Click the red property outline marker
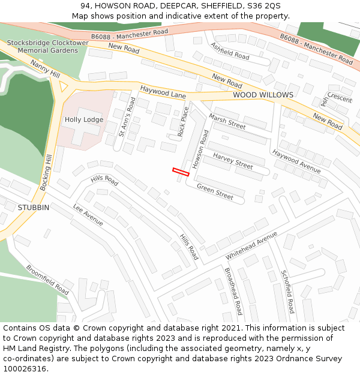coord(181,172)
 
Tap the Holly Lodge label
coord(84,119)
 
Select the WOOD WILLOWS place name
coord(263,95)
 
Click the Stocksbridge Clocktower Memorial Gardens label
coord(47,47)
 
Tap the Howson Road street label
coord(200,148)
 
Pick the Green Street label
coord(215,192)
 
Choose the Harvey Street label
coord(233,161)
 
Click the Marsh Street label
coord(227,122)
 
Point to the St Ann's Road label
coord(127,117)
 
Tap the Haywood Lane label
coord(163,92)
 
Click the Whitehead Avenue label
coord(251,245)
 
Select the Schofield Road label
coord(288,292)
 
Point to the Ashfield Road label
coord(230,51)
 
